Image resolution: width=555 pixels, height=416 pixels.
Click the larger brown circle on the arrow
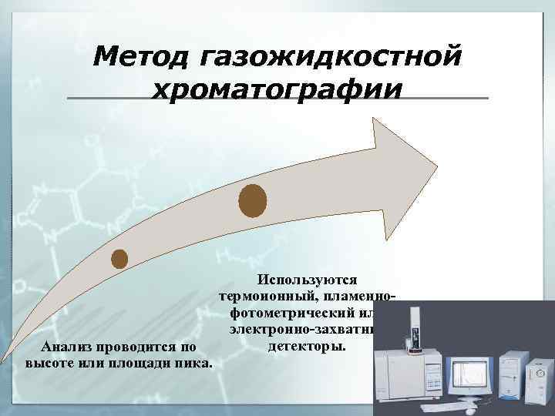click(253, 201)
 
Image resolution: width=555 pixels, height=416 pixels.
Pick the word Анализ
click(69, 347)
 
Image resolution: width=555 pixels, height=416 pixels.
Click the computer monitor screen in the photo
click(470, 373)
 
